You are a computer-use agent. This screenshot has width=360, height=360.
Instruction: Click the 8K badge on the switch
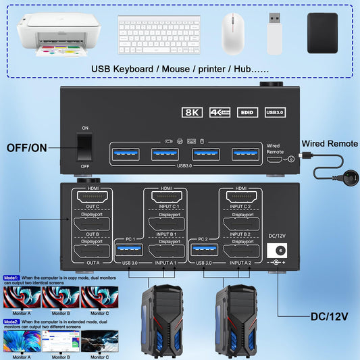coord(192,113)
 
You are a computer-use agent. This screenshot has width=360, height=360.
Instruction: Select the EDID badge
coord(248,113)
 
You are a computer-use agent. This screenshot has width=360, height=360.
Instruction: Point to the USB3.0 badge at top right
coord(276,113)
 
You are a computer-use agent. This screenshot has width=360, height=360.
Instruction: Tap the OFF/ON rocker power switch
coord(84,148)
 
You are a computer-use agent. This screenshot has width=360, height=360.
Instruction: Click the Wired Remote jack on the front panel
coord(290,159)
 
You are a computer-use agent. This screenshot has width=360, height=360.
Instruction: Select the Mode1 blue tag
coord(11,278)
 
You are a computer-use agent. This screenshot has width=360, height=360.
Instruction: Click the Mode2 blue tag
coord(11,322)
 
